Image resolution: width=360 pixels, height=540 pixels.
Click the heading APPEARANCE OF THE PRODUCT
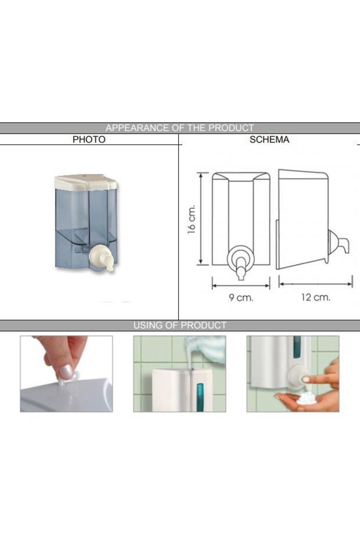[x=180, y=128]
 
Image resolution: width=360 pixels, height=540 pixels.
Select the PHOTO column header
[x=89, y=139]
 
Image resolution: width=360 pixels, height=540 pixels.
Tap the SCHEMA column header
[x=269, y=139]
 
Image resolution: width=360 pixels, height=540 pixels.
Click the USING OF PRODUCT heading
[x=180, y=325]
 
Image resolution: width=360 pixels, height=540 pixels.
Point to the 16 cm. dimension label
[x=191, y=219]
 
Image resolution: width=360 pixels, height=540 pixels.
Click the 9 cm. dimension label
[x=241, y=298]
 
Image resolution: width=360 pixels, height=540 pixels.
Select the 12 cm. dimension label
[x=316, y=298]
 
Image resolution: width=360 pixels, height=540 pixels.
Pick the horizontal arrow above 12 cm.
[x=316, y=283]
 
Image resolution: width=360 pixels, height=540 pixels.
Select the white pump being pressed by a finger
[x=297, y=379]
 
